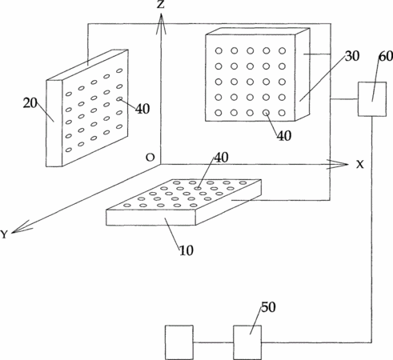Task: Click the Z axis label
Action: pos(161,4)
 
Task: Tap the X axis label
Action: pos(360,165)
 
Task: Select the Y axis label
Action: pos(4,234)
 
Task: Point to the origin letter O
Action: pos(150,158)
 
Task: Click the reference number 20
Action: pos(30,103)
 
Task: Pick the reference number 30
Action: pos(352,56)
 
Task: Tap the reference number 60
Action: pos(386,56)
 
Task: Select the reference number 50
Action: pos(268,307)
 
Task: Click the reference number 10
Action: pos(186,250)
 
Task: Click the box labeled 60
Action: pos(372,99)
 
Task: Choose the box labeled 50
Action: pos(247,342)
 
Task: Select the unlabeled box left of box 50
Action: pos(179,342)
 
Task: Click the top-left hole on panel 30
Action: pos(219,50)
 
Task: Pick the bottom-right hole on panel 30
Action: pos(282,113)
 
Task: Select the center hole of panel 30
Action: pos(251,82)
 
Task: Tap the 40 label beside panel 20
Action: pos(142,109)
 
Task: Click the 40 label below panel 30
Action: pos(284,136)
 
